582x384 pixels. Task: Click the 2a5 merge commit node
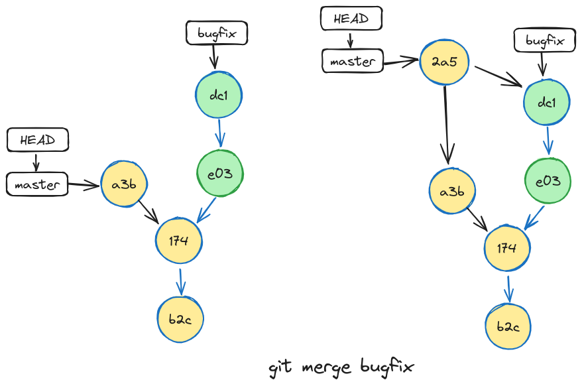point(445,63)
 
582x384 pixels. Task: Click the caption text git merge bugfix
point(342,367)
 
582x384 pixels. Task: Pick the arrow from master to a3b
point(84,185)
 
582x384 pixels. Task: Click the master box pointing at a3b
point(37,184)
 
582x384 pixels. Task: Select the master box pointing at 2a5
point(353,61)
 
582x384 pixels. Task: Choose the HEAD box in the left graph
point(37,140)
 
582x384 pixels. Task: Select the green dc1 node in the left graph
point(219,95)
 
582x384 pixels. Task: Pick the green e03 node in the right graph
point(548,180)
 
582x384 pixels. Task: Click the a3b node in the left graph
point(124,184)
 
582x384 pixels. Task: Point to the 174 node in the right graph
point(506,248)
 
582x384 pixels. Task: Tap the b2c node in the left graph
point(180,319)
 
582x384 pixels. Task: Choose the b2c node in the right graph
point(508,326)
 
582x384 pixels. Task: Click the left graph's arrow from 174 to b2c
point(180,280)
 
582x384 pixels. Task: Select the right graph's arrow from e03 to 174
point(534,217)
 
